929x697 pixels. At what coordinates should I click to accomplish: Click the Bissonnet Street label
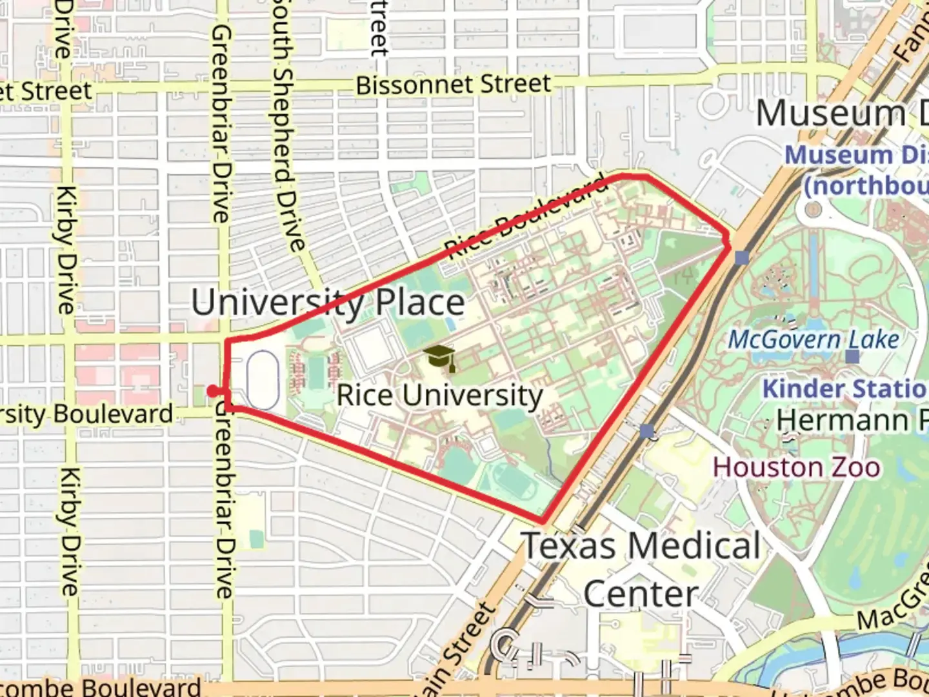tap(454, 85)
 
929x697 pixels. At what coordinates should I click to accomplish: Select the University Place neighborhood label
tap(328, 302)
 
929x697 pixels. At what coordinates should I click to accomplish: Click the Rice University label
tap(440, 395)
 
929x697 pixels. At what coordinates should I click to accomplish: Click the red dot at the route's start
tap(212, 390)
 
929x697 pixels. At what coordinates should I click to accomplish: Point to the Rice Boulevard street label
tap(526, 216)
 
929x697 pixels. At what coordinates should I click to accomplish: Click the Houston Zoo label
tap(796, 467)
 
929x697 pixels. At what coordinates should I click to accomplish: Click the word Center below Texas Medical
tap(641, 594)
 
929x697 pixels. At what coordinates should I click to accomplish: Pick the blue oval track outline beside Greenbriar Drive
tap(263, 379)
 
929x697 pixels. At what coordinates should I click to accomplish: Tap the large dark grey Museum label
tap(831, 114)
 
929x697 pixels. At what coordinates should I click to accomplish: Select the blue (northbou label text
tap(864, 186)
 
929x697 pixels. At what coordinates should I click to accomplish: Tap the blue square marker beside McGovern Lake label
tap(853, 356)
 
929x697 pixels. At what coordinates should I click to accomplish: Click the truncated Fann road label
tap(911, 42)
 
